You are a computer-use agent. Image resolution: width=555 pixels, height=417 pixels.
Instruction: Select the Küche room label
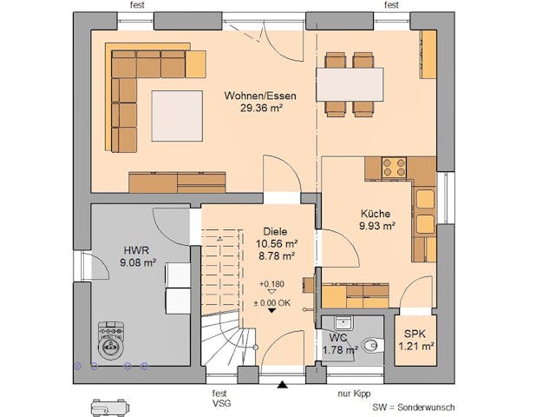(x=375, y=214)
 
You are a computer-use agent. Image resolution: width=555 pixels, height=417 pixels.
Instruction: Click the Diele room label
(x=279, y=231)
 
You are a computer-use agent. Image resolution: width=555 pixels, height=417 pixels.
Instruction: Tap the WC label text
(x=338, y=336)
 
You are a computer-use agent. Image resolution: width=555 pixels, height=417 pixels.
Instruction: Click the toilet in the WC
(x=371, y=345)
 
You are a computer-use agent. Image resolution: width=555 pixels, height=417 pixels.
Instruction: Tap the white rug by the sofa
(x=178, y=116)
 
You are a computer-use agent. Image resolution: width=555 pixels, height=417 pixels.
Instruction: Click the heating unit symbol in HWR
(x=110, y=340)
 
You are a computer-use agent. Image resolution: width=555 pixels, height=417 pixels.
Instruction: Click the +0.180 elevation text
(x=271, y=285)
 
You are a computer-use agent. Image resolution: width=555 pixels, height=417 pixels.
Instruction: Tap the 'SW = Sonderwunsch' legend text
(x=413, y=407)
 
